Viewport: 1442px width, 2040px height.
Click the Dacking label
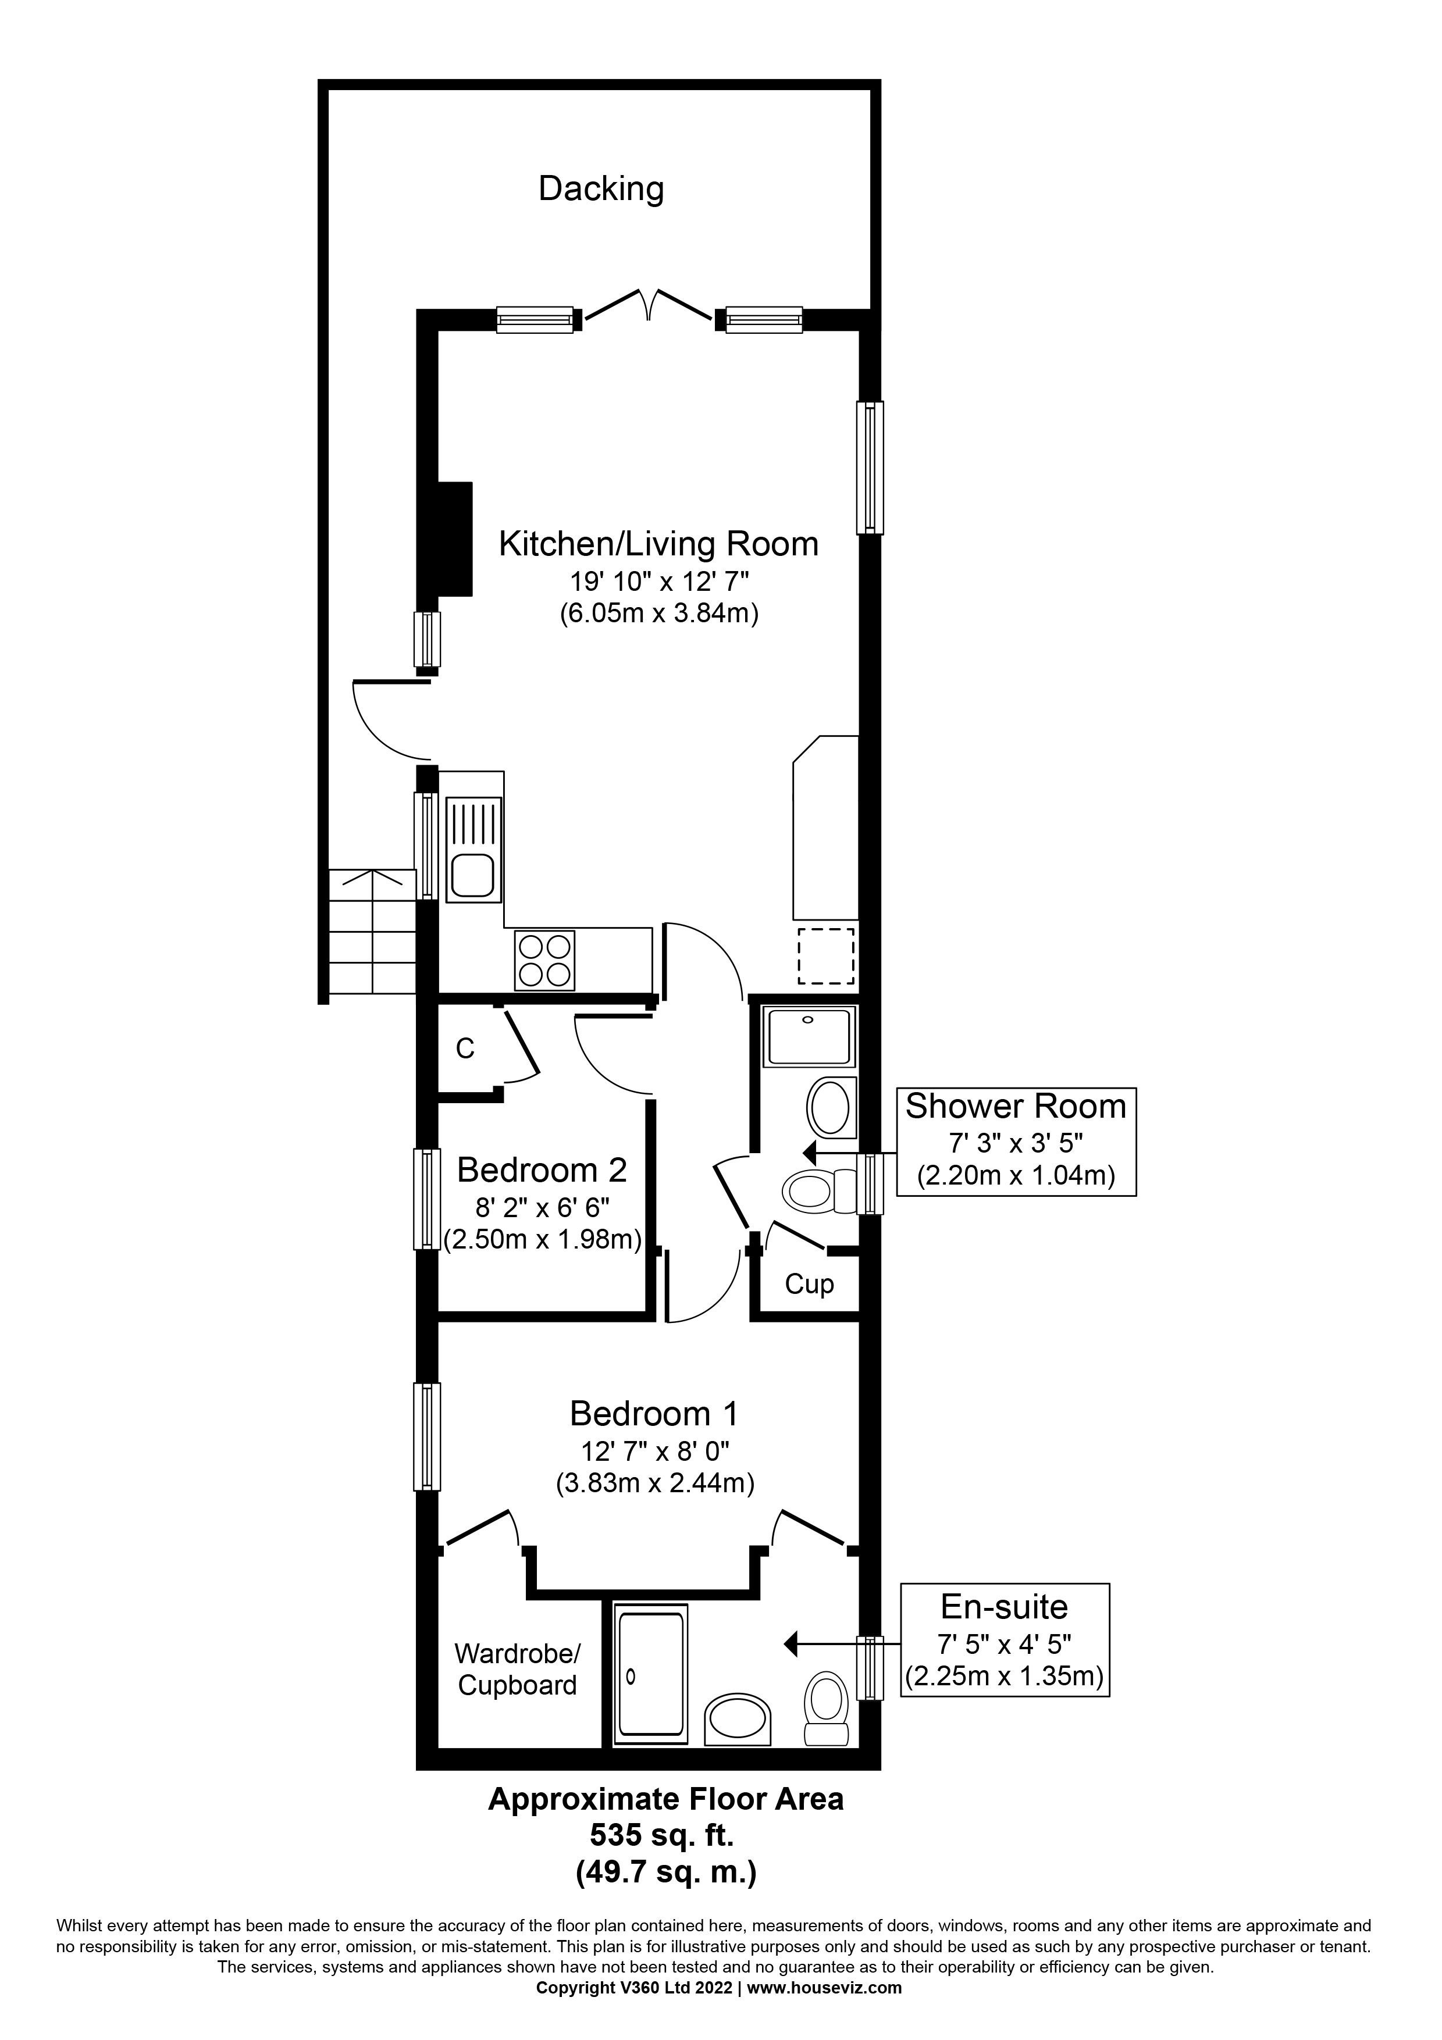pos(601,189)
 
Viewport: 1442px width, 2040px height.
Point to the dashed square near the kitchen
pos(825,956)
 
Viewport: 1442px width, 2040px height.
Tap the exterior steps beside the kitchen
pos(371,931)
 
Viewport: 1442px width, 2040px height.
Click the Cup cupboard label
pos(809,1284)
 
